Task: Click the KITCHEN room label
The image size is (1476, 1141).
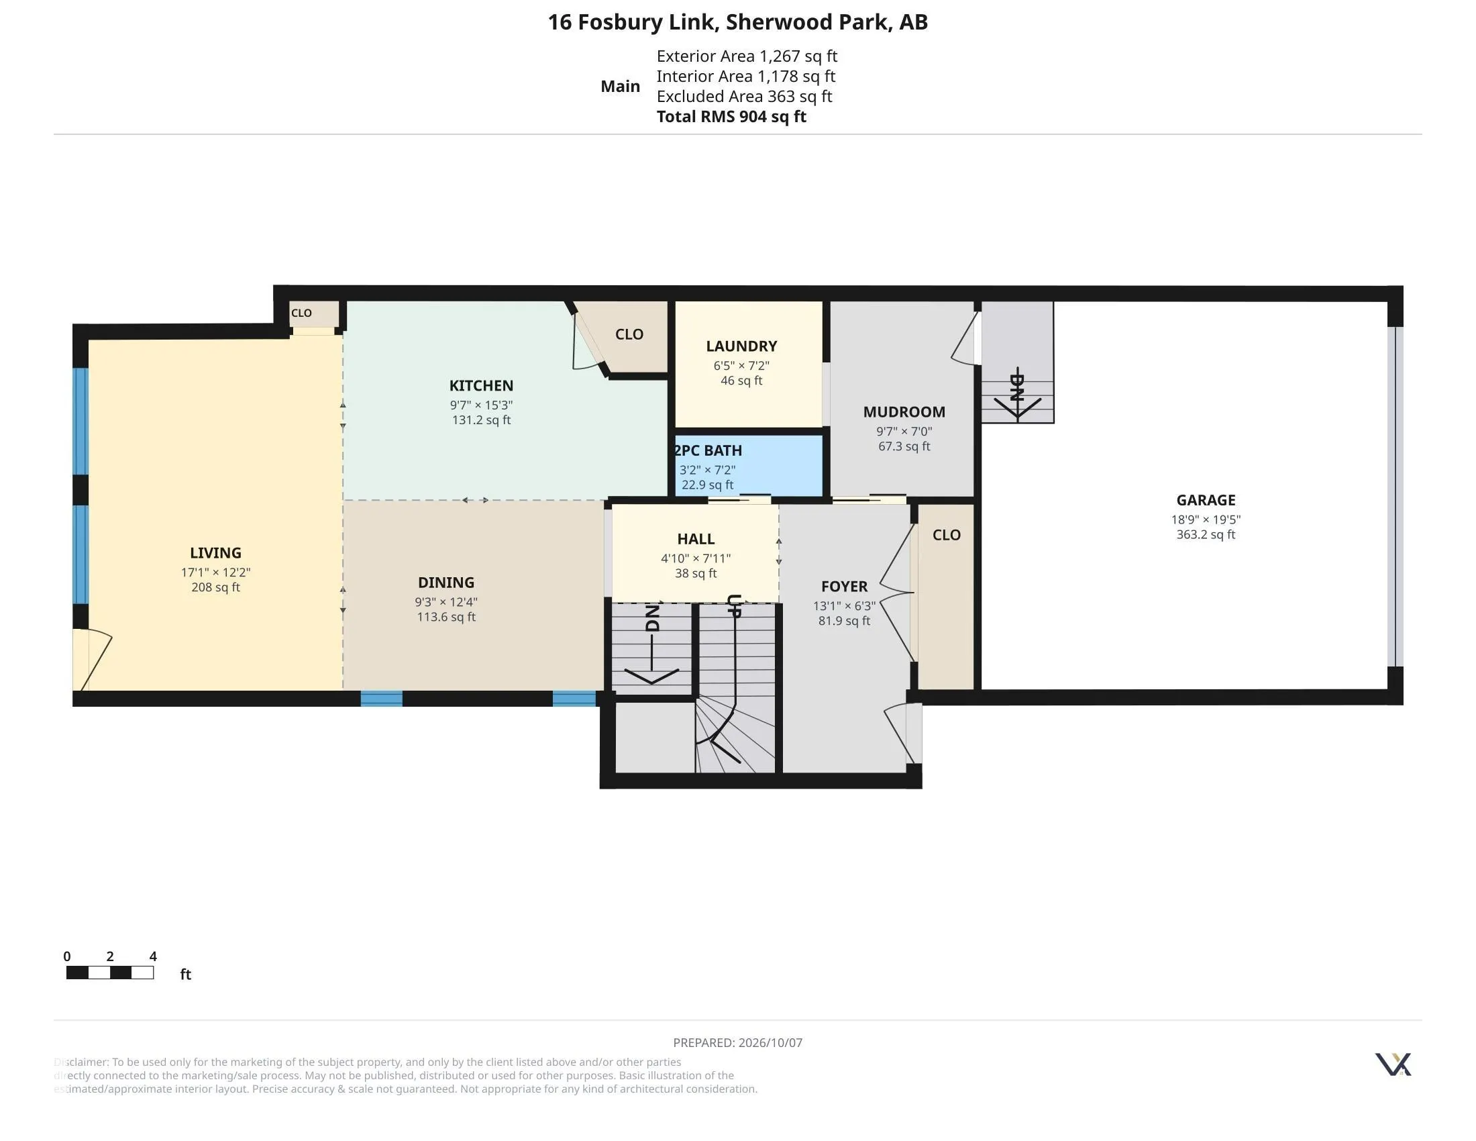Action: (x=481, y=385)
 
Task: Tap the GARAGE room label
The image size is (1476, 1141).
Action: (x=1206, y=500)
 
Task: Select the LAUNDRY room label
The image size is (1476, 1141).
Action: (x=741, y=346)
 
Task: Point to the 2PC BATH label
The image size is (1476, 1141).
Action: (x=708, y=450)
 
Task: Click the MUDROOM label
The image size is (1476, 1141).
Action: (x=904, y=411)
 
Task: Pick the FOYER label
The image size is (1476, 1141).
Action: (x=844, y=587)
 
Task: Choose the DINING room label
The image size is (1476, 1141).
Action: (x=446, y=583)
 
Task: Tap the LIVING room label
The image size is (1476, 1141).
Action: (x=215, y=553)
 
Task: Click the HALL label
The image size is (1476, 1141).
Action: (x=696, y=539)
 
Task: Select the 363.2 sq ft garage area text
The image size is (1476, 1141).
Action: (x=1206, y=535)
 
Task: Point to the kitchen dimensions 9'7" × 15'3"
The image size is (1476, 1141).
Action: (x=481, y=405)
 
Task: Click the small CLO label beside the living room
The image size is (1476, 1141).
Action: (x=301, y=313)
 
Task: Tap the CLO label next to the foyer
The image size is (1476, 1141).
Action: (x=947, y=535)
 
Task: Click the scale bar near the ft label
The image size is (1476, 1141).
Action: (x=110, y=973)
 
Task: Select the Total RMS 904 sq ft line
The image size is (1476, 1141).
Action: (x=731, y=116)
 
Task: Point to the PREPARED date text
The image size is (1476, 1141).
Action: (x=738, y=1042)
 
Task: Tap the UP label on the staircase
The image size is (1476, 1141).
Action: (x=735, y=605)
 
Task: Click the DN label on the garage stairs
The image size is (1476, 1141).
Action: (x=1017, y=387)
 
